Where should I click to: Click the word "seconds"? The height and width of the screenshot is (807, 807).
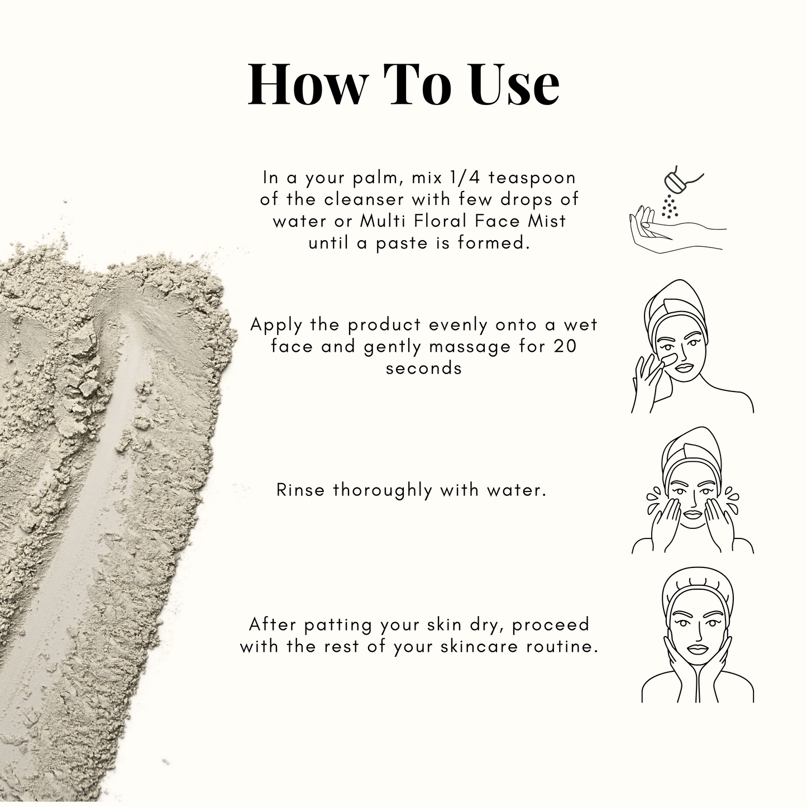tap(423, 369)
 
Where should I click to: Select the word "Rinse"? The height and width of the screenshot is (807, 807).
tap(300, 490)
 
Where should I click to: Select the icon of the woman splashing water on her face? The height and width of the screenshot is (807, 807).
tap(693, 490)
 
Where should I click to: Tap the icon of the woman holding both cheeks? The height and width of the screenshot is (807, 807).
tap(698, 638)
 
